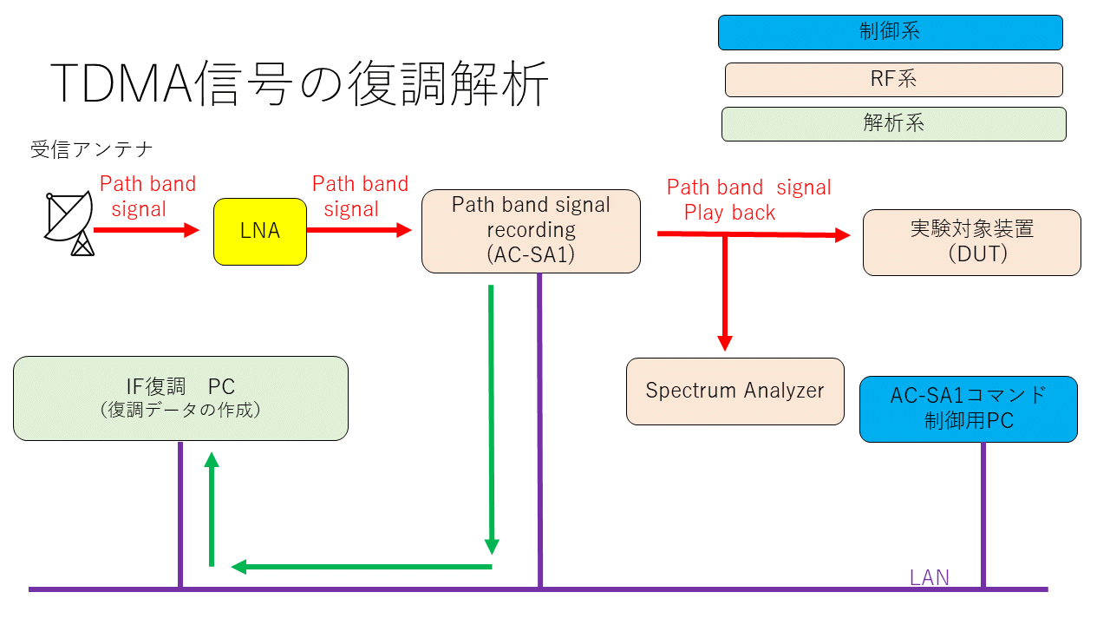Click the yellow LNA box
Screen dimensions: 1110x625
(x=260, y=232)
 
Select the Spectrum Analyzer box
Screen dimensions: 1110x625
(x=735, y=391)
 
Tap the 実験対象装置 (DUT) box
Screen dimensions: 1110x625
(x=972, y=242)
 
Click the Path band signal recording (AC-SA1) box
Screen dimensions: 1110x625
(x=532, y=231)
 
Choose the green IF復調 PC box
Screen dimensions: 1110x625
(x=181, y=398)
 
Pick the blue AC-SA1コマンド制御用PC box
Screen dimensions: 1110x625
(x=969, y=409)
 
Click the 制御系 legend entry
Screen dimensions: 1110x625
(x=891, y=32)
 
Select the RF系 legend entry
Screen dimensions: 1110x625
(x=894, y=79)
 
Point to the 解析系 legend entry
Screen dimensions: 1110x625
(x=894, y=124)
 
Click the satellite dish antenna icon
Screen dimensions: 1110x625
(x=69, y=223)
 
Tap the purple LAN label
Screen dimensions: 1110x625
(x=930, y=577)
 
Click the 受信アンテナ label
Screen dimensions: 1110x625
(x=92, y=149)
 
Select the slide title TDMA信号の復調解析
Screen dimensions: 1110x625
(x=299, y=83)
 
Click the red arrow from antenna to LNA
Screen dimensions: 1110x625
(x=147, y=230)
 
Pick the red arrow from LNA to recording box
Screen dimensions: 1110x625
(x=359, y=230)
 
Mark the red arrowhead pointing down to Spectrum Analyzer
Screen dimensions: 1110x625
(x=725, y=343)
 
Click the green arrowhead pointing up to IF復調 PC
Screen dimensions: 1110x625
(x=212, y=460)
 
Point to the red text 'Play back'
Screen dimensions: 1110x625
(x=729, y=213)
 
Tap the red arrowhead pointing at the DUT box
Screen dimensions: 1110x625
(x=842, y=234)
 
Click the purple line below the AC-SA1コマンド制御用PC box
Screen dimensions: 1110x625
(x=983, y=515)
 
